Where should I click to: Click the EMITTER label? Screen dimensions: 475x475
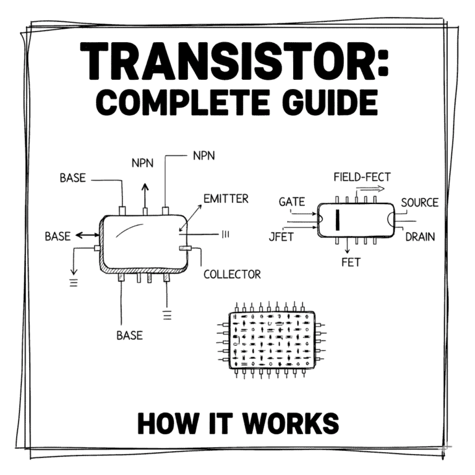point(226,199)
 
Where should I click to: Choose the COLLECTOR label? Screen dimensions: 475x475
point(232,273)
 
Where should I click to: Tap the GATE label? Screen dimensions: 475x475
point(291,202)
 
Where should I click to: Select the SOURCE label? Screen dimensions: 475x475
point(419,202)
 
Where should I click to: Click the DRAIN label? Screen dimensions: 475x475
point(420,236)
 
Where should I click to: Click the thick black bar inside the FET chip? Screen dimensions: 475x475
point(338,219)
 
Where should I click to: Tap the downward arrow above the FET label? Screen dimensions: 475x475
point(346,247)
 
